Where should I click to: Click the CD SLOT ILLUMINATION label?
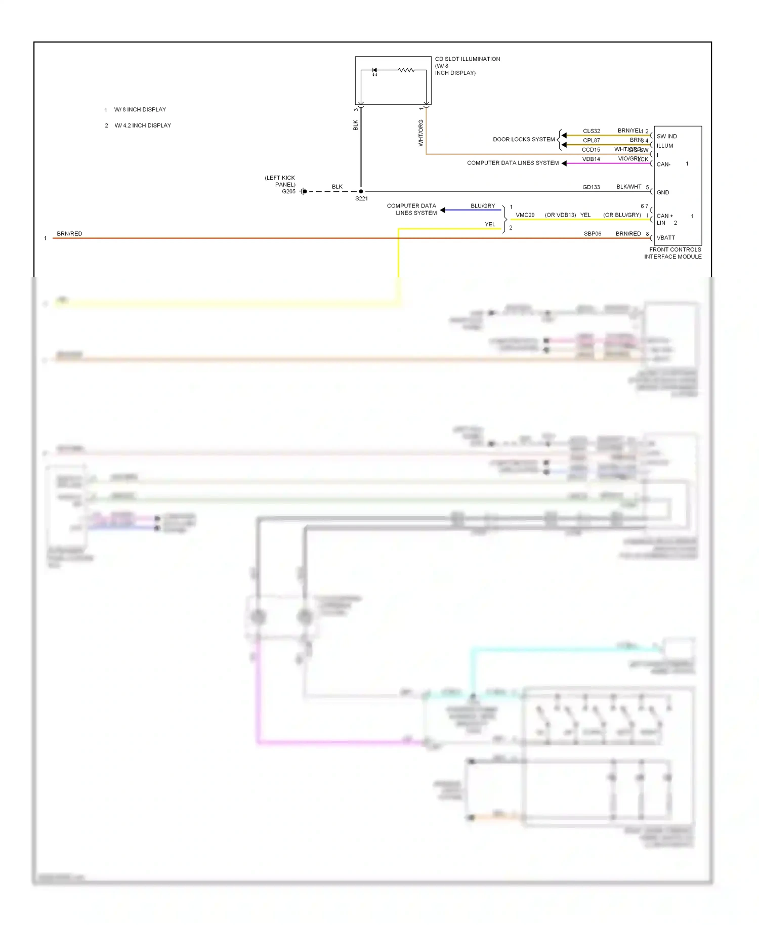[467, 59]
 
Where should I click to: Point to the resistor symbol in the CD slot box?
[406, 70]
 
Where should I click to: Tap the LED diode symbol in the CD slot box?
[374, 70]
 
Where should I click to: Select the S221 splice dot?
[361, 191]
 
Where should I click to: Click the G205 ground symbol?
[303, 191]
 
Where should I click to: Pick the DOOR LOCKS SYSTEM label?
[524, 139]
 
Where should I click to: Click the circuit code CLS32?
[591, 131]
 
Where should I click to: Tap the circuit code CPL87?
[591, 141]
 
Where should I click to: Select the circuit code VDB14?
[591, 159]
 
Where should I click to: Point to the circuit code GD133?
[591, 187]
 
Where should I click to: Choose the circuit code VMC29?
[525, 215]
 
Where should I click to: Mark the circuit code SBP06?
[593, 234]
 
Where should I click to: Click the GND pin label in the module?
[663, 192]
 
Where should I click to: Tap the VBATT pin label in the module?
[665, 238]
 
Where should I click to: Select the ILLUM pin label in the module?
[665, 146]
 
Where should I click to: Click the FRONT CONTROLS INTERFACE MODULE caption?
[673, 253]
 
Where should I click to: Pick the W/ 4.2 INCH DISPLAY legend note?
[143, 125]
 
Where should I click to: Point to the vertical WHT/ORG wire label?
[420, 133]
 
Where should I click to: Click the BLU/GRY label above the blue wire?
[483, 206]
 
